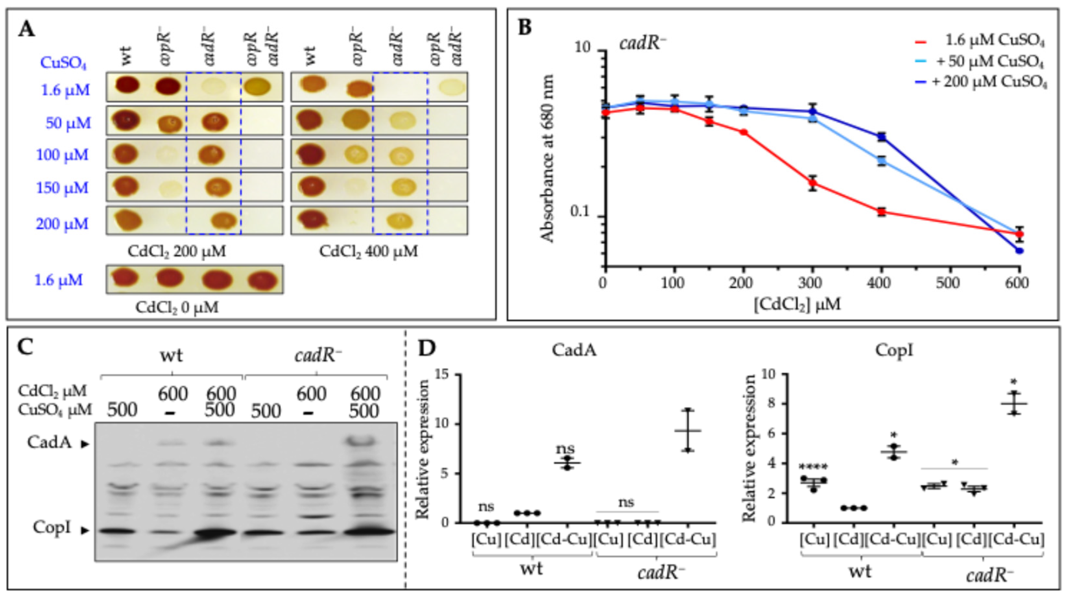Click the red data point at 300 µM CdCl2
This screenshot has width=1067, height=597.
(813, 183)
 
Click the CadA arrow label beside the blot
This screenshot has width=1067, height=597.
(58, 443)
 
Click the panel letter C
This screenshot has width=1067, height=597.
(26, 347)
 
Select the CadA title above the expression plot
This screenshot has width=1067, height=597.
(574, 350)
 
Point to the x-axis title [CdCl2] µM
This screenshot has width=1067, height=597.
(797, 305)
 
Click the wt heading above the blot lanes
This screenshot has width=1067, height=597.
(172, 356)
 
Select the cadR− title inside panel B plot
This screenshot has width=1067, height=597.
(642, 43)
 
